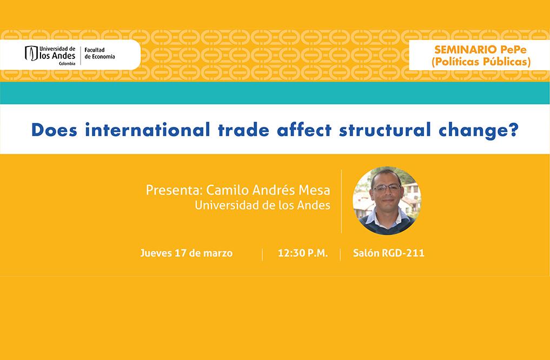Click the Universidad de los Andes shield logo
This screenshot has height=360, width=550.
pyautogui.click(x=31, y=54)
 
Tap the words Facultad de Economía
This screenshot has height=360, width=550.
pyautogui.click(x=100, y=54)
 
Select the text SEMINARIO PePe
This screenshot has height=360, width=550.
pyautogui.click(x=480, y=49)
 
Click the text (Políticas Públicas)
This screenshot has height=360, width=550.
pyautogui.click(x=481, y=62)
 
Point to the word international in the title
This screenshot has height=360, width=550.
pyautogui.click(x=147, y=130)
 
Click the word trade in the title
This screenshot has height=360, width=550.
pyautogui.click(x=243, y=130)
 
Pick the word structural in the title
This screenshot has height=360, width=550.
pyautogui.click(x=385, y=130)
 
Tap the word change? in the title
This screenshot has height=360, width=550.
pyautogui.click(x=479, y=130)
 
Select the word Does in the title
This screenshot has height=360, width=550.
pyautogui.click(x=54, y=130)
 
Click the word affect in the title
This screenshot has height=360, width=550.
pyautogui.click(x=304, y=130)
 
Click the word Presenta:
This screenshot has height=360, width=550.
pyautogui.click(x=174, y=190)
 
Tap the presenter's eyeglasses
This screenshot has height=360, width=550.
pyautogui.click(x=386, y=188)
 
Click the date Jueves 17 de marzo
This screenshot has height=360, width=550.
pyautogui.click(x=186, y=253)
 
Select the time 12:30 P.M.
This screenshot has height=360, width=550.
pyautogui.click(x=303, y=253)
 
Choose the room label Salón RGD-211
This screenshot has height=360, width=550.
pyautogui.click(x=389, y=253)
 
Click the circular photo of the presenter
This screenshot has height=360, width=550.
pyautogui.click(x=387, y=201)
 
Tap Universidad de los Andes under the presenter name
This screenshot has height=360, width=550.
pyautogui.click(x=262, y=205)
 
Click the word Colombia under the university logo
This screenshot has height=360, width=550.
pyautogui.click(x=67, y=64)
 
